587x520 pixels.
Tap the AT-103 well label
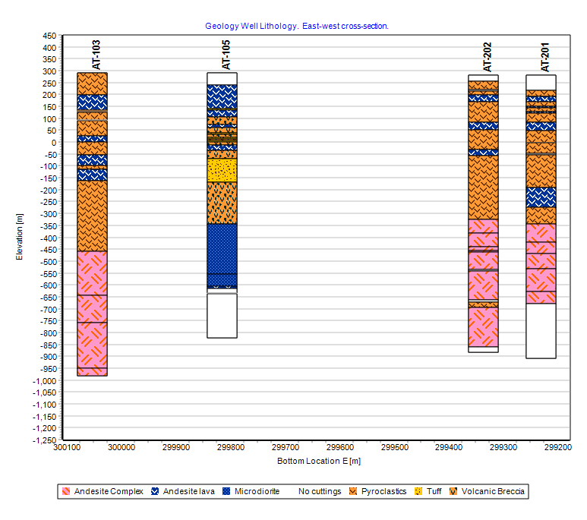pyautogui.click(x=96, y=55)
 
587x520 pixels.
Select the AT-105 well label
pyautogui.click(x=226, y=55)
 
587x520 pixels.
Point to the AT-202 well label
pyautogui.click(x=487, y=57)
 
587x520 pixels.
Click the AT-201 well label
pyautogui.click(x=545, y=57)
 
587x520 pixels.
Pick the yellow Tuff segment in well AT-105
pyautogui.click(x=222, y=170)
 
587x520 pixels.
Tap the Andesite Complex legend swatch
pyautogui.click(x=67, y=491)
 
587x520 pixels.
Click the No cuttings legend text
pyautogui.click(x=320, y=491)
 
